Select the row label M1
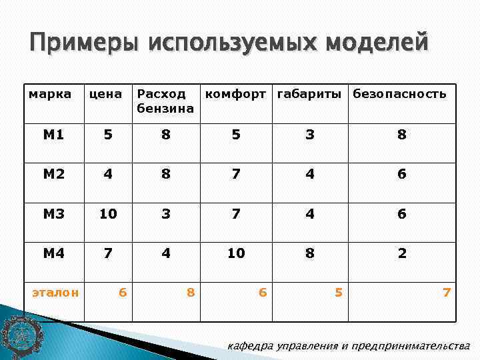pos(53,135)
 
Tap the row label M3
pos(53,214)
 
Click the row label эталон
pos(57,292)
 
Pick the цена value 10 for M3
pos(108,214)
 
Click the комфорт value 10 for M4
pos(236,253)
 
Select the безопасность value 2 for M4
pos(402,253)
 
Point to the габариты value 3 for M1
pos(310,135)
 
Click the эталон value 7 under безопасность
pos(447,292)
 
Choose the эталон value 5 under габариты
pos(339,292)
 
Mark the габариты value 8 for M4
pos(310,253)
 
